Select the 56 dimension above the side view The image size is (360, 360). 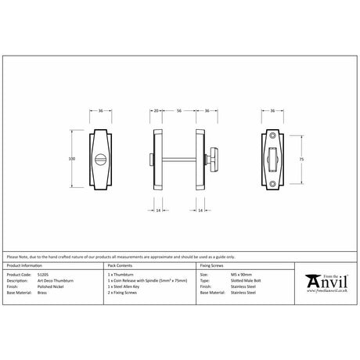(x=179, y=111)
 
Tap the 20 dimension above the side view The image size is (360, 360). (x=157, y=111)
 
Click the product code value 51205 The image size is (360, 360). (x=44, y=275)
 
